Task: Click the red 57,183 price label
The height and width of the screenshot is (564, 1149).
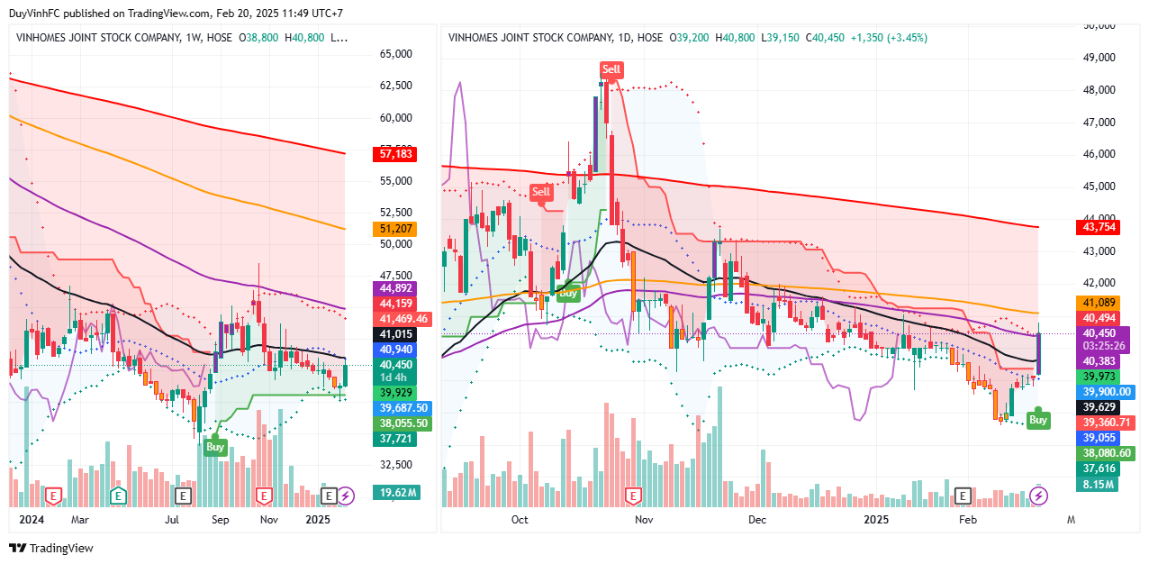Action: (x=396, y=155)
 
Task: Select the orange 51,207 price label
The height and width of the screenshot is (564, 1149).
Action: (x=396, y=229)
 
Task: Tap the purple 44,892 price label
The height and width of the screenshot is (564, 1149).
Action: (x=396, y=289)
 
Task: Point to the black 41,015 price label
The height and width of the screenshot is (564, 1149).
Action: (x=396, y=334)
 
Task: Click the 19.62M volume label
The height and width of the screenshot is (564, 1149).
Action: (x=396, y=493)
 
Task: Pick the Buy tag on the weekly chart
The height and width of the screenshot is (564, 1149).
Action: (x=214, y=446)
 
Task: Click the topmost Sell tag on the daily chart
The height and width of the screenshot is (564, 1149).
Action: (x=611, y=69)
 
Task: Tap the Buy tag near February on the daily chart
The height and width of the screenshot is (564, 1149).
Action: (x=1038, y=420)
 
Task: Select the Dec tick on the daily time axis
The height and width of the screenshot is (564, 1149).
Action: (x=756, y=520)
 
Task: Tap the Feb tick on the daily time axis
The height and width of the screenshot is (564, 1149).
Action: (x=967, y=520)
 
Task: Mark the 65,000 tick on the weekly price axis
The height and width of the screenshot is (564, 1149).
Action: (x=396, y=54)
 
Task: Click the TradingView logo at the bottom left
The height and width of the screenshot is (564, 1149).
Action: (x=51, y=548)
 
